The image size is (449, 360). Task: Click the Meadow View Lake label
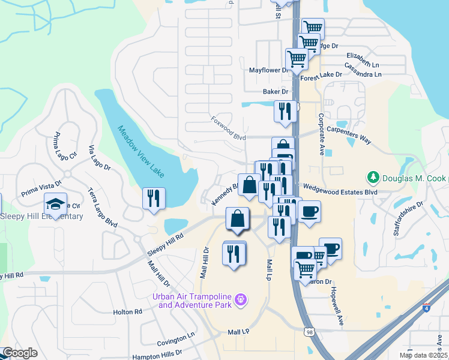[140, 151]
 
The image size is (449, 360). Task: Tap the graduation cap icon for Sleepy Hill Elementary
[55, 204]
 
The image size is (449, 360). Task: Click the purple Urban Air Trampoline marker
[241, 298]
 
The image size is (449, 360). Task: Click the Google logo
[19, 353]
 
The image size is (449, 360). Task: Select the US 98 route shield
[309, 332]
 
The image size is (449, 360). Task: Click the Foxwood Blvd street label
[228, 128]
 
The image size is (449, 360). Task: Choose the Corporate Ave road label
[322, 134]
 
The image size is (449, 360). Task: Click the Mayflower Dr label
[270, 70]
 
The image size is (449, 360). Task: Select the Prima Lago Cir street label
[66, 145]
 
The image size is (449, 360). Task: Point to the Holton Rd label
[128, 312]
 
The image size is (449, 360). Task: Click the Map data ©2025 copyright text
[423, 355]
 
